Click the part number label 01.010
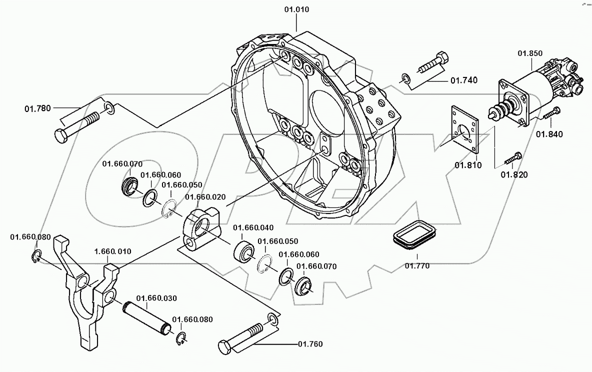click(x=296, y=9)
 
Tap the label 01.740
click(x=463, y=80)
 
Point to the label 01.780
click(x=37, y=108)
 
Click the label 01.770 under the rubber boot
click(x=417, y=266)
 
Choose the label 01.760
click(x=310, y=344)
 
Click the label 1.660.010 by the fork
click(x=113, y=251)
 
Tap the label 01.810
click(x=468, y=165)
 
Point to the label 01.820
click(x=514, y=174)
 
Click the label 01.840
click(x=549, y=134)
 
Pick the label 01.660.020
click(x=205, y=197)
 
